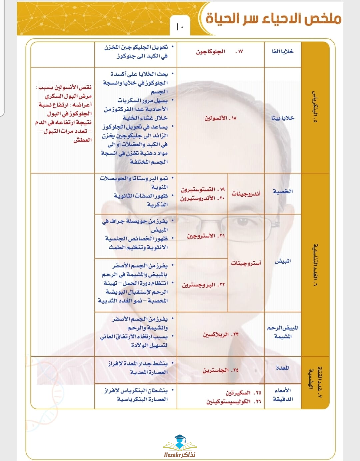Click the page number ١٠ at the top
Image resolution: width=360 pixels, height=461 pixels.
coord(180,27)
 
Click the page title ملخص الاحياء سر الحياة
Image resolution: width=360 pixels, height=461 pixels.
coord(273,18)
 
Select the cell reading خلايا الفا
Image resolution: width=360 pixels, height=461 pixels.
coord(283,51)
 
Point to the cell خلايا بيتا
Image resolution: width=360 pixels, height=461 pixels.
coord(283,118)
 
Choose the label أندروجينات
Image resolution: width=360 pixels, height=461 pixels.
coord(246,194)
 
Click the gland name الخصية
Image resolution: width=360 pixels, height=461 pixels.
coord(283,191)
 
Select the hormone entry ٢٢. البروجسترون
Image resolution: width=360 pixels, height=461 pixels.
coord(203,285)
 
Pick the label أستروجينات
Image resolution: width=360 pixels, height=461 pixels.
coord(246,263)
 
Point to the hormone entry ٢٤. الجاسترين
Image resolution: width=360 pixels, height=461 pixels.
coord(220,370)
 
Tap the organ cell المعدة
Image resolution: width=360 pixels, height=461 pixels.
coord(283,368)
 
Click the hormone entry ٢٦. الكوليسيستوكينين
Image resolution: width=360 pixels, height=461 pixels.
coord(233,402)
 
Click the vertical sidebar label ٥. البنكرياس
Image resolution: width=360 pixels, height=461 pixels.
coord(315,107)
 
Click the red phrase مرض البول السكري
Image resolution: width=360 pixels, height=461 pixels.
coord(68,96)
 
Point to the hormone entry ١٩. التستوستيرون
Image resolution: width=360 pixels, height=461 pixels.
coord(203,189)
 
